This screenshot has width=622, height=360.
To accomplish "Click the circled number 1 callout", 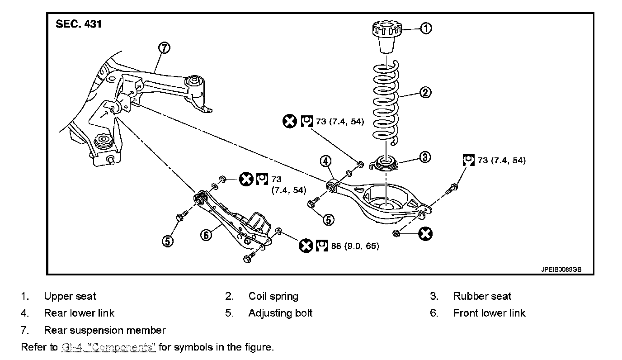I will point(426,28).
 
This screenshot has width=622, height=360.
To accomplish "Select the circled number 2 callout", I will point(425,93).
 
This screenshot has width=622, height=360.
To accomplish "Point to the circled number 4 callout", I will point(326,161).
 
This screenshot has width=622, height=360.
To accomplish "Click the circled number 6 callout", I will point(206,235).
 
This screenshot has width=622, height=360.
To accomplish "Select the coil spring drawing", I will point(387,102).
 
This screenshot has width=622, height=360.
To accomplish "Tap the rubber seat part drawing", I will point(385,162).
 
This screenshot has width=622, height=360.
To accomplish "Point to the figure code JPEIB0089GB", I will point(561,269).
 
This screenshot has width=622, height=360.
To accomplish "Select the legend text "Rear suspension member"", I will point(104,330).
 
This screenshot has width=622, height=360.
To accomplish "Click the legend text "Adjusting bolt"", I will point(280,313).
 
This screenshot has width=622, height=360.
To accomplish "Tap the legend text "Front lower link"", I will point(489,313).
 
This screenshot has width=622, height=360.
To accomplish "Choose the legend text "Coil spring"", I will point(273,296).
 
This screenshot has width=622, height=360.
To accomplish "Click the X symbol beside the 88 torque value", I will point(306,246).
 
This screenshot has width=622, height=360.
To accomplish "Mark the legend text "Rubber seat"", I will point(482,296).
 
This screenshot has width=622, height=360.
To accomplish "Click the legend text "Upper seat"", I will point(70,296).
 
